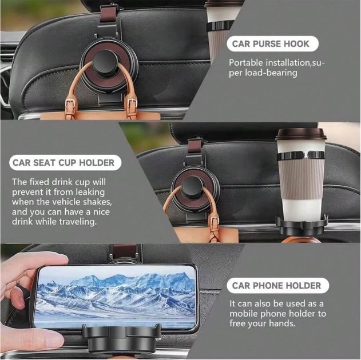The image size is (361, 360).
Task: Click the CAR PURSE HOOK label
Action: [272, 44]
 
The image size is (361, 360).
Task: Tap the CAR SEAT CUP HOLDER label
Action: [65, 162]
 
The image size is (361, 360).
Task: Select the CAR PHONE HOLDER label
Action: [277, 286]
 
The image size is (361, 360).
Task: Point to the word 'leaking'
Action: [90, 192]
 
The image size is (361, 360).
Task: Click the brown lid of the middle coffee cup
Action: [301, 134]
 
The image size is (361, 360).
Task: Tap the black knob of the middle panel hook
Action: [192, 187]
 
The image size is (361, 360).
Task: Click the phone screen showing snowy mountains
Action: [116, 298]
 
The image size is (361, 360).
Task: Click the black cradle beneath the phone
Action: [121, 338]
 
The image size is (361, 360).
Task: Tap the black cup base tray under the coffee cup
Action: [302, 223]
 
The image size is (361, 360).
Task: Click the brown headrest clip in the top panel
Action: [107, 14]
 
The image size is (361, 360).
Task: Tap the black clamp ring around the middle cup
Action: [301, 155]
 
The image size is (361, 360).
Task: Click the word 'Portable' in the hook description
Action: [246, 62]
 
